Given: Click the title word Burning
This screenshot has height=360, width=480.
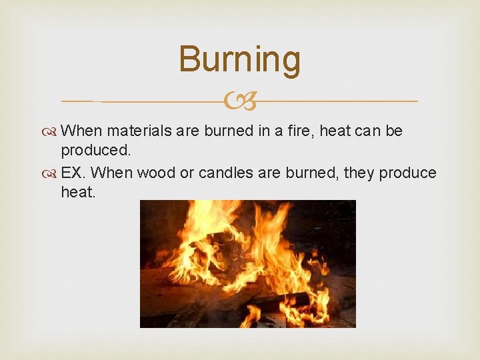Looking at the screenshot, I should coord(239,59).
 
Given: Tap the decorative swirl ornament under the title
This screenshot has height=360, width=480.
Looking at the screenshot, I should coord(239,101).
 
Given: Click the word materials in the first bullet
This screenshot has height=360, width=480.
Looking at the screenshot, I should coord(139,131).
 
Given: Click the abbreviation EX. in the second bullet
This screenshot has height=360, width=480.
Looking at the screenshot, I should coord(73,173).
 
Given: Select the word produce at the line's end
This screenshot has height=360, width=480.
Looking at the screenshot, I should coord(408,173).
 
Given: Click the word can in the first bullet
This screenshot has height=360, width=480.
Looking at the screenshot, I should coord(367,131).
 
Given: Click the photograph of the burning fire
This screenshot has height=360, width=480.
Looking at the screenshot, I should coord(247,263).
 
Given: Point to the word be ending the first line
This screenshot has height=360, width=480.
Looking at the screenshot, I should coord(394,131).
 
